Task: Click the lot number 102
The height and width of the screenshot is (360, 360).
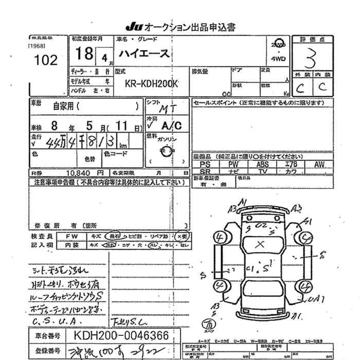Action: (45, 60)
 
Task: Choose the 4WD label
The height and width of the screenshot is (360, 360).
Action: (280, 59)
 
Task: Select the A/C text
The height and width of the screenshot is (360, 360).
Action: (171, 124)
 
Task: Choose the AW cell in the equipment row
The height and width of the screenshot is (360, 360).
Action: (319, 165)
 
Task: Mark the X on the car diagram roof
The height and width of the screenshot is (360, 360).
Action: (261, 243)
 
